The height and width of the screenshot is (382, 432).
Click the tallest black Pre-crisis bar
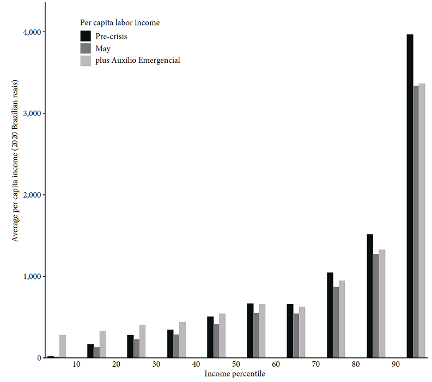pyautogui.click(x=410, y=196)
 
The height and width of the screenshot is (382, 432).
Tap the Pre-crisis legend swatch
pyautogui.click(x=86, y=36)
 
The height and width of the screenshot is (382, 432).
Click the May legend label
pyautogui.click(x=103, y=49)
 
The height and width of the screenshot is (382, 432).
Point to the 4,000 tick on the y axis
pyautogui.click(x=32, y=32)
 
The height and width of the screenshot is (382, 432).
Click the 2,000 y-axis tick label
pyautogui.click(x=32, y=195)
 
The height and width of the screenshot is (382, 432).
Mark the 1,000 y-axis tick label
pyautogui.click(x=32, y=277)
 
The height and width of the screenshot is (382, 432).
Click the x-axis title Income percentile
pyautogui.click(x=235, y=374)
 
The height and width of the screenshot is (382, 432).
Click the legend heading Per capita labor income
pyautogui.click(x=119, y=23)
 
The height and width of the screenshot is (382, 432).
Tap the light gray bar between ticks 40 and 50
pyautogui.click(x=222, y=336)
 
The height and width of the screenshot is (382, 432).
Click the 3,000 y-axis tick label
pyautogui.click(x=32, y=114)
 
